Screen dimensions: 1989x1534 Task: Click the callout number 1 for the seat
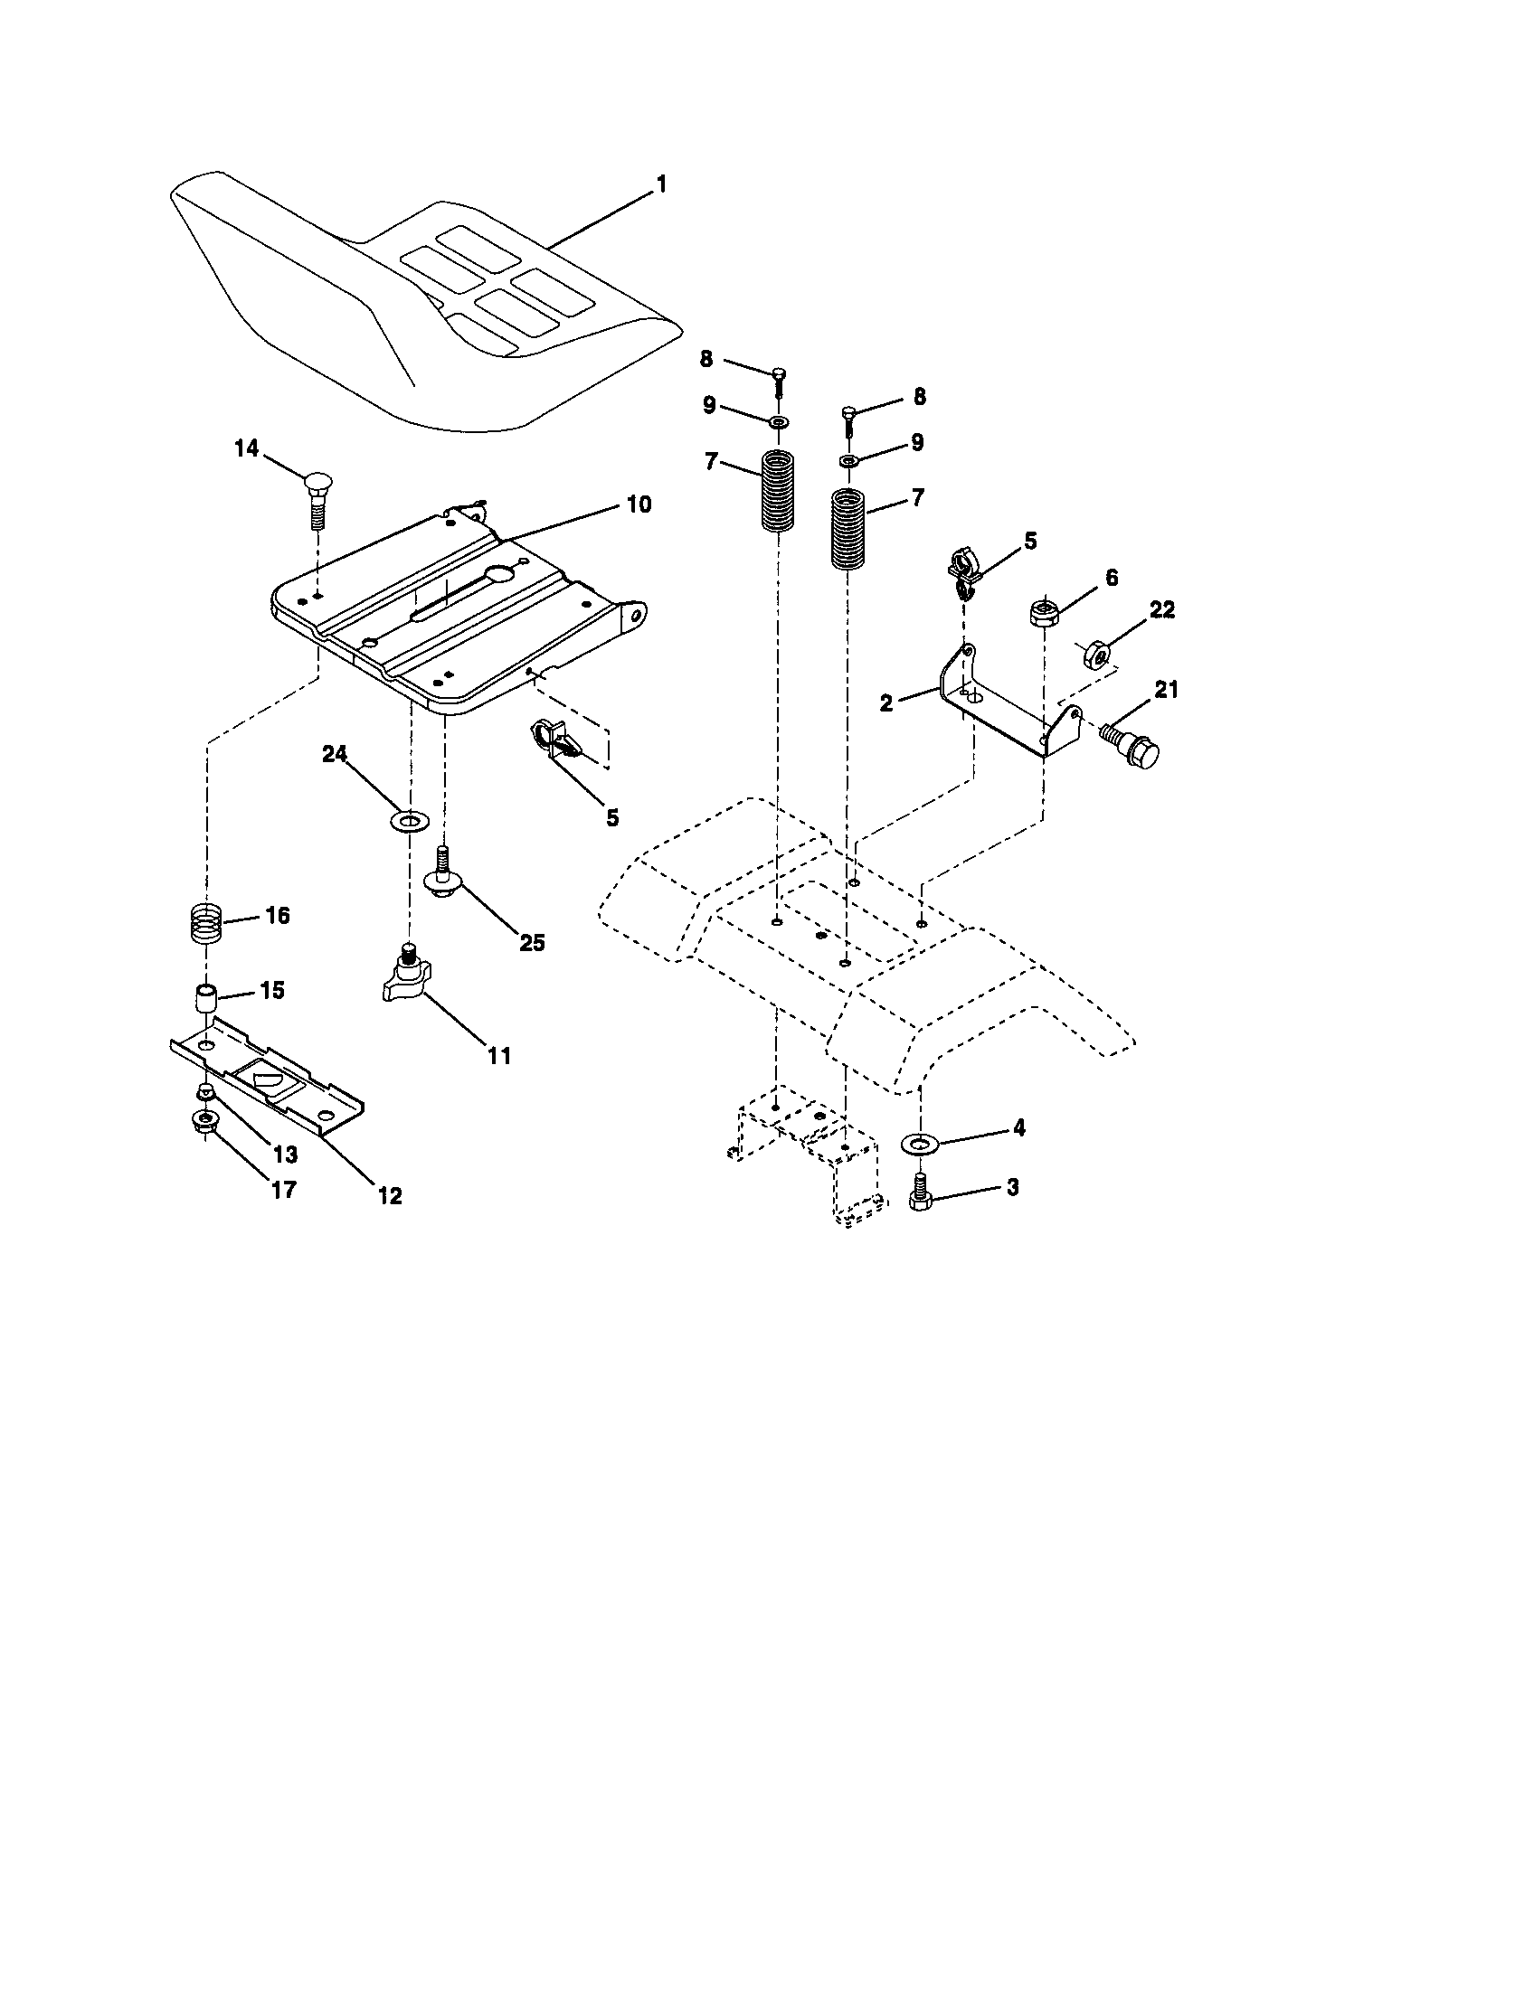click(661, 184)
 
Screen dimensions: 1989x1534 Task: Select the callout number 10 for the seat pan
click(639, 504)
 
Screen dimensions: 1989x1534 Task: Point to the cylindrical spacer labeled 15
click(207, 998)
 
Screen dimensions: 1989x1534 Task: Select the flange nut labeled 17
click(205, 1122)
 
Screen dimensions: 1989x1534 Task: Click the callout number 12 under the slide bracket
click(389, 1195)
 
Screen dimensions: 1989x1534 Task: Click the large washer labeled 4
click(919, 1142)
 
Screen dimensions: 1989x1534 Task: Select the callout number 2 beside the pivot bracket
click(885, 702)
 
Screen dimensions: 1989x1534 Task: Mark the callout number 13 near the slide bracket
click(285, 1155)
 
